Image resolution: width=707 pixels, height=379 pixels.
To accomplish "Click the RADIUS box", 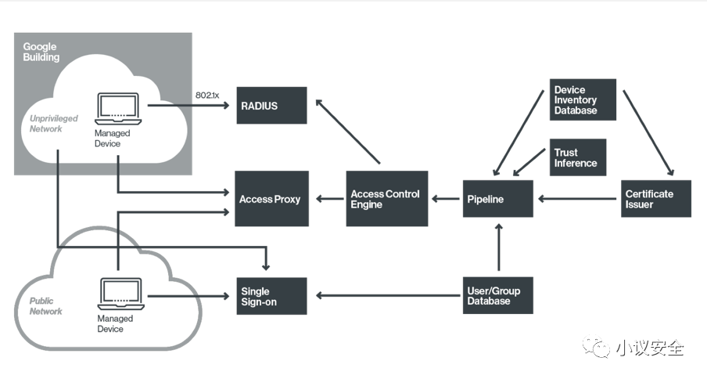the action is point(271,106).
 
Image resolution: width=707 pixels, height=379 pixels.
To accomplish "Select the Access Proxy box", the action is point(272,199).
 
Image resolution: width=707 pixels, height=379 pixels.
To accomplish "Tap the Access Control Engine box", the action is point(387,199).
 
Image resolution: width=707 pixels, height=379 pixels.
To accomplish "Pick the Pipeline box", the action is point(497,199).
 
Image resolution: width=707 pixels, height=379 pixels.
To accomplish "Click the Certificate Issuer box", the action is point(656,199).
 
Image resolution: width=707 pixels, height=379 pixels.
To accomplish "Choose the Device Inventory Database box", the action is point(583,99).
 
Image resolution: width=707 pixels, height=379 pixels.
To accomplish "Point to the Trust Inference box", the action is point(578,157).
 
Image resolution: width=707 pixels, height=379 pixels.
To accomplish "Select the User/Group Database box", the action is point(497,295).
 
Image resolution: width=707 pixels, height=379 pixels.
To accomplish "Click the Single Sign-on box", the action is point(271,296).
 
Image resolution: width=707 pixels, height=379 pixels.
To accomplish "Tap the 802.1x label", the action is point(207,96).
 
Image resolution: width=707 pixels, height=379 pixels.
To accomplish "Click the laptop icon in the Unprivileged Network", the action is point(118,109).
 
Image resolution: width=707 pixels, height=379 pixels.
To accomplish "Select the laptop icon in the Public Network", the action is point(121,294).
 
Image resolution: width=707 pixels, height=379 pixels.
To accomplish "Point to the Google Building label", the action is point(41,52).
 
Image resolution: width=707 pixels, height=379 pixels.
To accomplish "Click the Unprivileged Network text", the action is point(54,124).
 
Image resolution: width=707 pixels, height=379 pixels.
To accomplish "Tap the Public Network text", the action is point(46,306).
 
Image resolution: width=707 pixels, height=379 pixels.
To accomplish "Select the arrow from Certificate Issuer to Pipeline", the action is point(577,199).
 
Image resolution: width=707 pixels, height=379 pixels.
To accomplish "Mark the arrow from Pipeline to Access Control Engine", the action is point(446,199).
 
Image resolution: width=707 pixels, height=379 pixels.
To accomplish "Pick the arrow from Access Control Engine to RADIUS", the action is point(348,132).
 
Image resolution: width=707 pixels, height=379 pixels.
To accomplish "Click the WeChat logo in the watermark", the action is point(596,347).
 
